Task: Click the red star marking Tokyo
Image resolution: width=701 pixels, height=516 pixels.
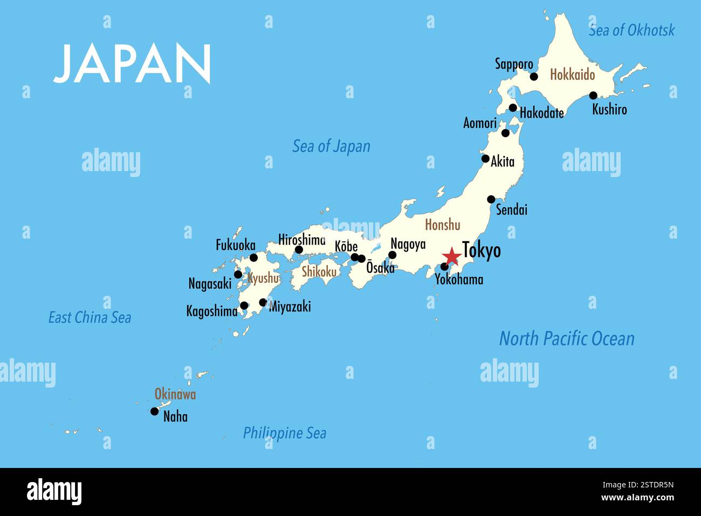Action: pyautogui.click(x=451, y=256)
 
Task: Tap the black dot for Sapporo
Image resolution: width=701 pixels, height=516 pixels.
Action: pyautogui.click(x=534, y=77)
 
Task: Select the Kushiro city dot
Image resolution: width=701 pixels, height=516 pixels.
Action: pyautogui.click(x=593, y=96)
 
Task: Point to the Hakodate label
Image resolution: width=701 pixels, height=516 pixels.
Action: pyautogui.click(x=541, y=113)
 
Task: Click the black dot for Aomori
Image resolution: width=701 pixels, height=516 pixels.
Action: pyautogui.click(x=505, y=133)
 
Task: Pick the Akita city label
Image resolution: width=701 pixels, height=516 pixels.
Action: pyautogui.click(x=503, y=161)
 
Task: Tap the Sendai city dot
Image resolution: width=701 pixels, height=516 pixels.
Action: pyautogui.click(x=491, y=199)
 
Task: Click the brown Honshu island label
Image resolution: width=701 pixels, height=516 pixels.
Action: pyautogui.click(x=443, y=225)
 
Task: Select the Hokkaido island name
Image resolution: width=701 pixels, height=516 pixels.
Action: pyautogui.click(x=572, y=74)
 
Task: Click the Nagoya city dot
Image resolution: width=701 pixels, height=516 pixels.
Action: pyautogui.click(x=393, y=255)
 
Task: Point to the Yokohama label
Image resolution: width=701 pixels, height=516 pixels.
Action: pyautogui.click(x=459, y=280)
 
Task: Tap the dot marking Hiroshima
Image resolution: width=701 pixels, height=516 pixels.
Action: pyautogui.click(x=299, y=249)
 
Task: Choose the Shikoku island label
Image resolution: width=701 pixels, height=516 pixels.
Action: pyautogui.click(x=319, y=271)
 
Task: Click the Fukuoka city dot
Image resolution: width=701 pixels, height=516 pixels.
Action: pyautogui.click(x=253, y=257)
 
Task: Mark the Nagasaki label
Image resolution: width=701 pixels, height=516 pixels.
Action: pyautogui.click(x=210, y=283)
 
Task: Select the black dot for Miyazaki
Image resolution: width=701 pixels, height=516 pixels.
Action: pyautogui.click(x=263, y=302)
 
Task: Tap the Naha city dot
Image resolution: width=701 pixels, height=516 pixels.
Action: pyautogui.click(x=155, y=411)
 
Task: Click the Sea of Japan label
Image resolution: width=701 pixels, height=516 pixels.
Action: pyautogui.click(x=331, y=146)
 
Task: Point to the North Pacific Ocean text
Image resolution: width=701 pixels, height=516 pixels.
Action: pyautogui.click(x=567, y=339)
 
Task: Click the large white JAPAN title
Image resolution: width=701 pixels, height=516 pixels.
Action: pyautogui.click(x=133, y=63)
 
